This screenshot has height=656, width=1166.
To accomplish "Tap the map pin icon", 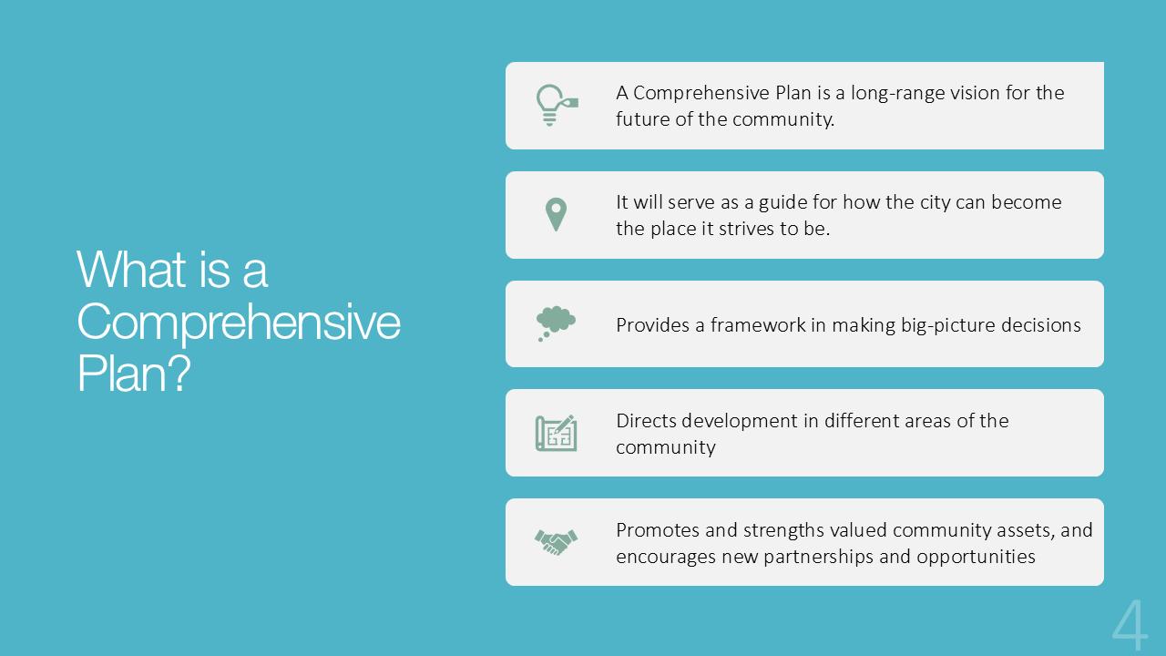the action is tap(556, 214).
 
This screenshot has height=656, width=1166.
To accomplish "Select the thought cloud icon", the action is tap(556, 323).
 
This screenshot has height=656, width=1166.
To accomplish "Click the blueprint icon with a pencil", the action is tap(556, 433).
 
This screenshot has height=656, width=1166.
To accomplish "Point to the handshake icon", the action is tap(556, 542).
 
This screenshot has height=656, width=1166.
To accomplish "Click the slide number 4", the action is tap(1130, 625).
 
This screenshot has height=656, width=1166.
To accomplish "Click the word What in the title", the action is tap(131, 270).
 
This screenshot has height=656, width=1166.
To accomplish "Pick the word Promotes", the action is tap(658, 530).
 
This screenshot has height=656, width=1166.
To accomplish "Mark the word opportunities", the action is tap(976, 557).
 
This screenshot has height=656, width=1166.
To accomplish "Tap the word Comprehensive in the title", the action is tap(239, 323).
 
